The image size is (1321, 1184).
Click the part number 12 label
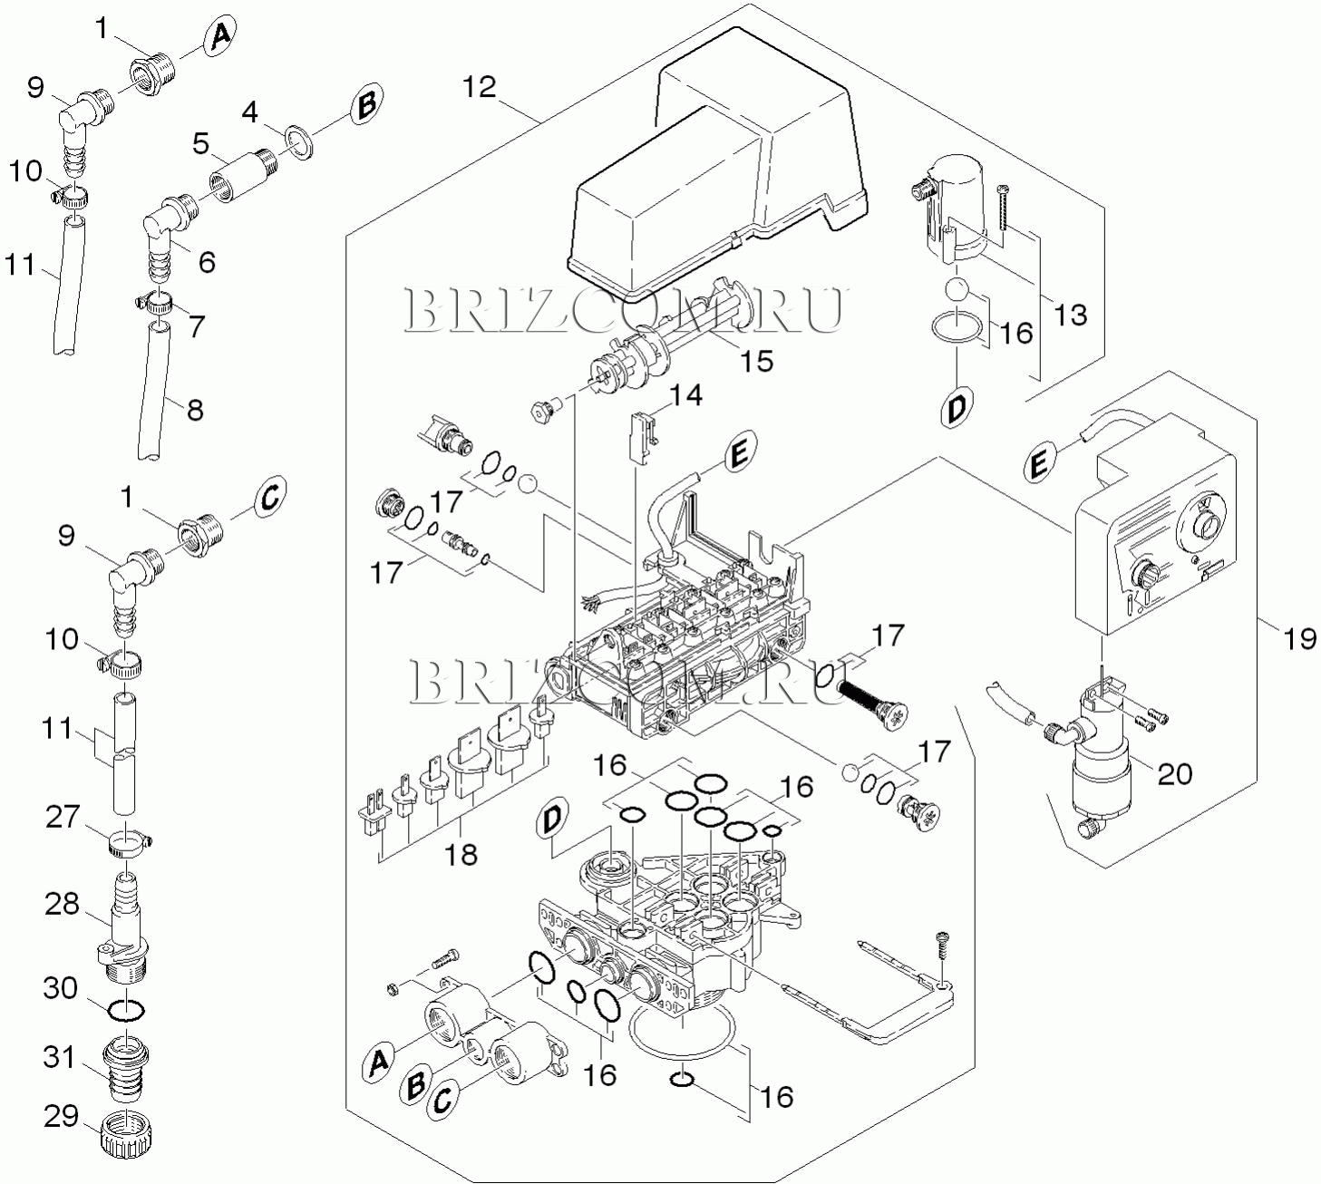(x=480, y=87)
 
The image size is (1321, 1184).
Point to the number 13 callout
(x=1070, y=315)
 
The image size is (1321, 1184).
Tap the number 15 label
(x=756, y=361)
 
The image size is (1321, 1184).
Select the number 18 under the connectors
(x=461, y=854)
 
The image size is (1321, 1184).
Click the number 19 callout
(x=1299, y=638)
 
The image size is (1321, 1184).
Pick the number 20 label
(x=1174, y=773)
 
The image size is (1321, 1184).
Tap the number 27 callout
(x=63, y=817)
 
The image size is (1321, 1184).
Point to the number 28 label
(x=63, y=904)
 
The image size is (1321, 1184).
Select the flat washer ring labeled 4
(x=300, y=140)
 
